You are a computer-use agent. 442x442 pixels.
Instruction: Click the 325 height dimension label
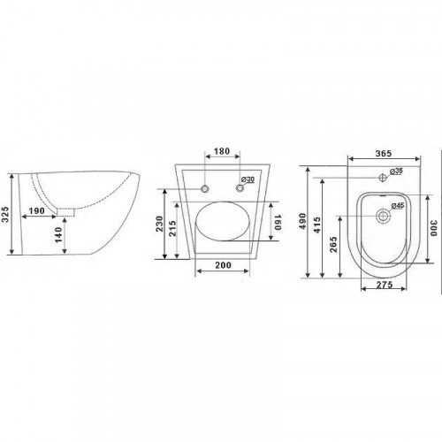[x=5, y=214]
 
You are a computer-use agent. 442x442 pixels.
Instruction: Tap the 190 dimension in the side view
[x=36, y=211]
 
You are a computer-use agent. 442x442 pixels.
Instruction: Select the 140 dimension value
[x=58, y=235]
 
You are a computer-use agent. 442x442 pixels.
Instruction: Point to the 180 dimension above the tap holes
[x=222, y=151]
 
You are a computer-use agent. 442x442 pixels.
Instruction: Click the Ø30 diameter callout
[x=248, y=179]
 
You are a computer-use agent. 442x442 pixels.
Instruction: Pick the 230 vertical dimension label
[x=159, y=224]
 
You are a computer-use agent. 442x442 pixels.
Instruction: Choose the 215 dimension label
[x=172, y=228]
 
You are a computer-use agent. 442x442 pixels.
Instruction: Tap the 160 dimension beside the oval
[x=278, y=222]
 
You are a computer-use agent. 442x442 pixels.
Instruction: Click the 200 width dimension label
[x=223, y=265]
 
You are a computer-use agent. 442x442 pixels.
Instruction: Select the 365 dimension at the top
[x=384, y=153]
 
